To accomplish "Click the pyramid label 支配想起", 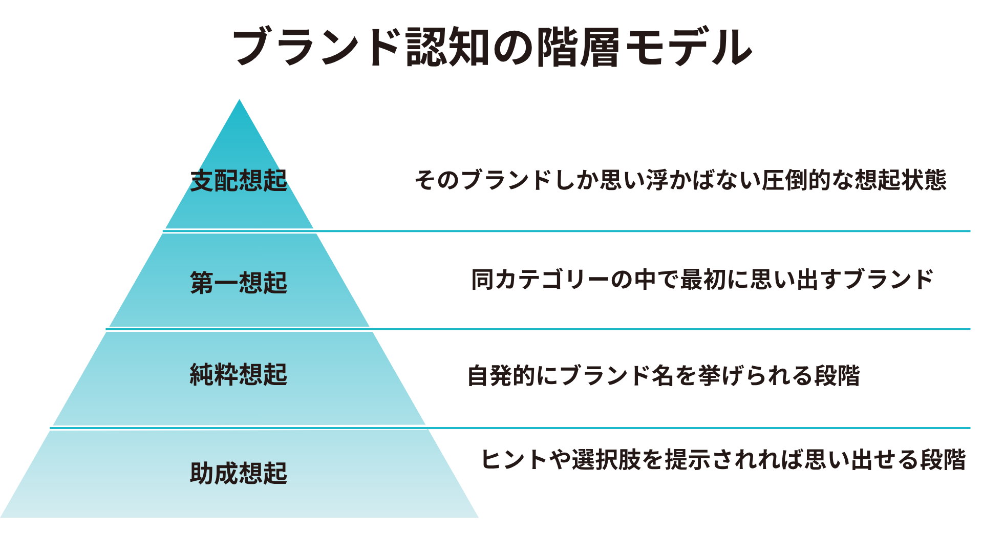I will tap(239, 181).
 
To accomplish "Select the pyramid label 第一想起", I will tap(239, 283).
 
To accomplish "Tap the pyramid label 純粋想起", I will tap(239, 374).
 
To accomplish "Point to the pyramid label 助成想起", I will tap(239, 473).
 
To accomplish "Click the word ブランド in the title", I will tap(316, 47).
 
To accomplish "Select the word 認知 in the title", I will tap(447, 47).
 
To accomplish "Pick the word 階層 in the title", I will tap(578, 47).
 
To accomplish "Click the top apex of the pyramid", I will tap(239, 101).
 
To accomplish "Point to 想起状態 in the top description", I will tap(901, 180).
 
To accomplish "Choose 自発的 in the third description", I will tap(502, 375).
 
